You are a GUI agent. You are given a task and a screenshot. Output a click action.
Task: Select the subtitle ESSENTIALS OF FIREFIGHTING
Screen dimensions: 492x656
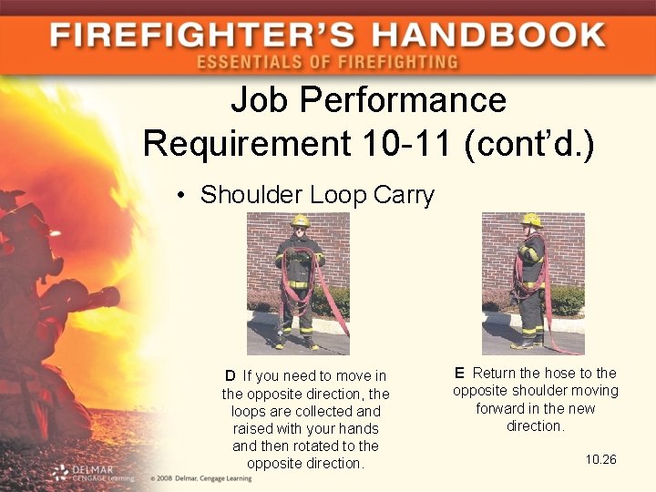click(x=327, y=63)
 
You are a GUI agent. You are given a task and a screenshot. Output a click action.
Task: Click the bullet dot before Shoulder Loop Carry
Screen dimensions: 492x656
click(x=183, y=196)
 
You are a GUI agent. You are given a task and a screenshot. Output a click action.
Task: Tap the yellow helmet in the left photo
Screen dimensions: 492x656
click(x=300, y=221)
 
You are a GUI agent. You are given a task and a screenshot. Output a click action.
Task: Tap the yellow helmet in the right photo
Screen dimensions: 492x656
click(x=531, y=220)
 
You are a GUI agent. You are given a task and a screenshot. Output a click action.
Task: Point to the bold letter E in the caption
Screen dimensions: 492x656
click(x=459, y=373)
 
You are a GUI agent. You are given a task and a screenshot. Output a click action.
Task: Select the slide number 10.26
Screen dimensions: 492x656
click(x=600, y=459)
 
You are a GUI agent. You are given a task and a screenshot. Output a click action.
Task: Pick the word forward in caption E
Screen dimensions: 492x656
click(x=503, y=408)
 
